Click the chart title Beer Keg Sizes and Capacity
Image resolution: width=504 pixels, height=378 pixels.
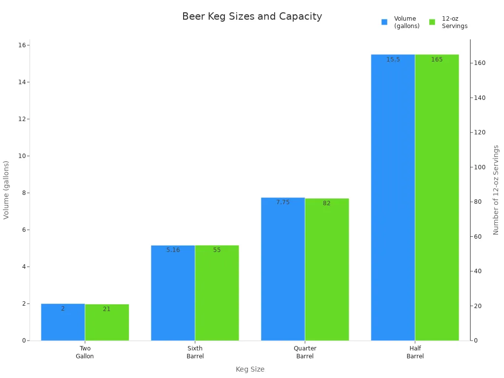pyautogui.click(x=252, y=16)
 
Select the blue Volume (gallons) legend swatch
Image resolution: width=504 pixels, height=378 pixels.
pyautogui.click(x=384, y=22)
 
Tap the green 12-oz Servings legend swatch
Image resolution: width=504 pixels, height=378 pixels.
pyautogui.click(x=432, y=22)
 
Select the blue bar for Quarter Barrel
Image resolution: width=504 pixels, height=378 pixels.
pyautogui.click(x=283, y=271)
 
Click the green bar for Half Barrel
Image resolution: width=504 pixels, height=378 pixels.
pyautogui.click(x=437, y=197)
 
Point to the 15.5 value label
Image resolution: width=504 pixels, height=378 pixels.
pyautogui.click(x=393, y=60)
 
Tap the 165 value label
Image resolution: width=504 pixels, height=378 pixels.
pyautogui.click(x=437, y=60)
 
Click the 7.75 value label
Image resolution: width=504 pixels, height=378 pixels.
pyautogui.click(x=283, y=202)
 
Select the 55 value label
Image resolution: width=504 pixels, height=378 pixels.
pyautogui.click(x=217, y=250)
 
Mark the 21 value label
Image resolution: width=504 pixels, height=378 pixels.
pyautogui.click(x=107, y=309)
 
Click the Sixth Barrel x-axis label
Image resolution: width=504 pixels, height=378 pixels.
pyautogui.click(x=195, y=352)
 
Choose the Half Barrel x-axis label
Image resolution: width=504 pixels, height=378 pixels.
pyautogui.click(x=415, y=352)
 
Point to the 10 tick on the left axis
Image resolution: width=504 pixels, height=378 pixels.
pyautogui.click(x=22, y=156)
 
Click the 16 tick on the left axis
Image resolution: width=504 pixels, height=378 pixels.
pyautogui.click(x=22, y=45)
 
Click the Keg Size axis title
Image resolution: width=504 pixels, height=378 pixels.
pyautogui.click(x=250, y=369)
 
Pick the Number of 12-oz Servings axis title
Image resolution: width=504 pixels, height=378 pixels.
pyautogui.click(x=496, y=190)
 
